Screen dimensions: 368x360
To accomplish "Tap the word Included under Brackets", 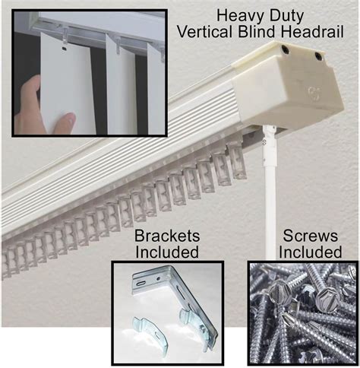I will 167,250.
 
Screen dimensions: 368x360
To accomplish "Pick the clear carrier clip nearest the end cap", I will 237,161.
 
